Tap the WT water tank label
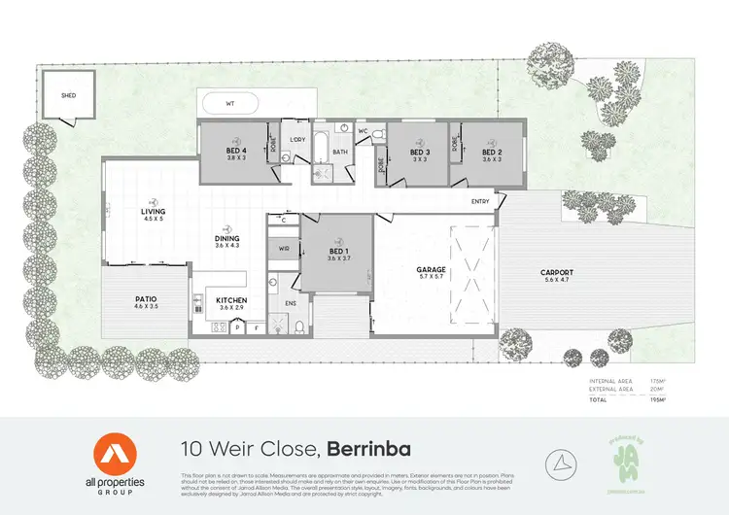(x=229, y=102)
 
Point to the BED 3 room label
(x=420, y=153)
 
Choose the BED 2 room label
(x=492, y=153)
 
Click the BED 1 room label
(x=337, y=252)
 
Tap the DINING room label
(x=227, y=238)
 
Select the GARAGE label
(x=431, y=269)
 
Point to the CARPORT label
(x=557, y=272)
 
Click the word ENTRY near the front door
(x=480, y=202)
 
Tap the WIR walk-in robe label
(x=285, y=249)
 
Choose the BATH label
(x=340, y=153)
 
